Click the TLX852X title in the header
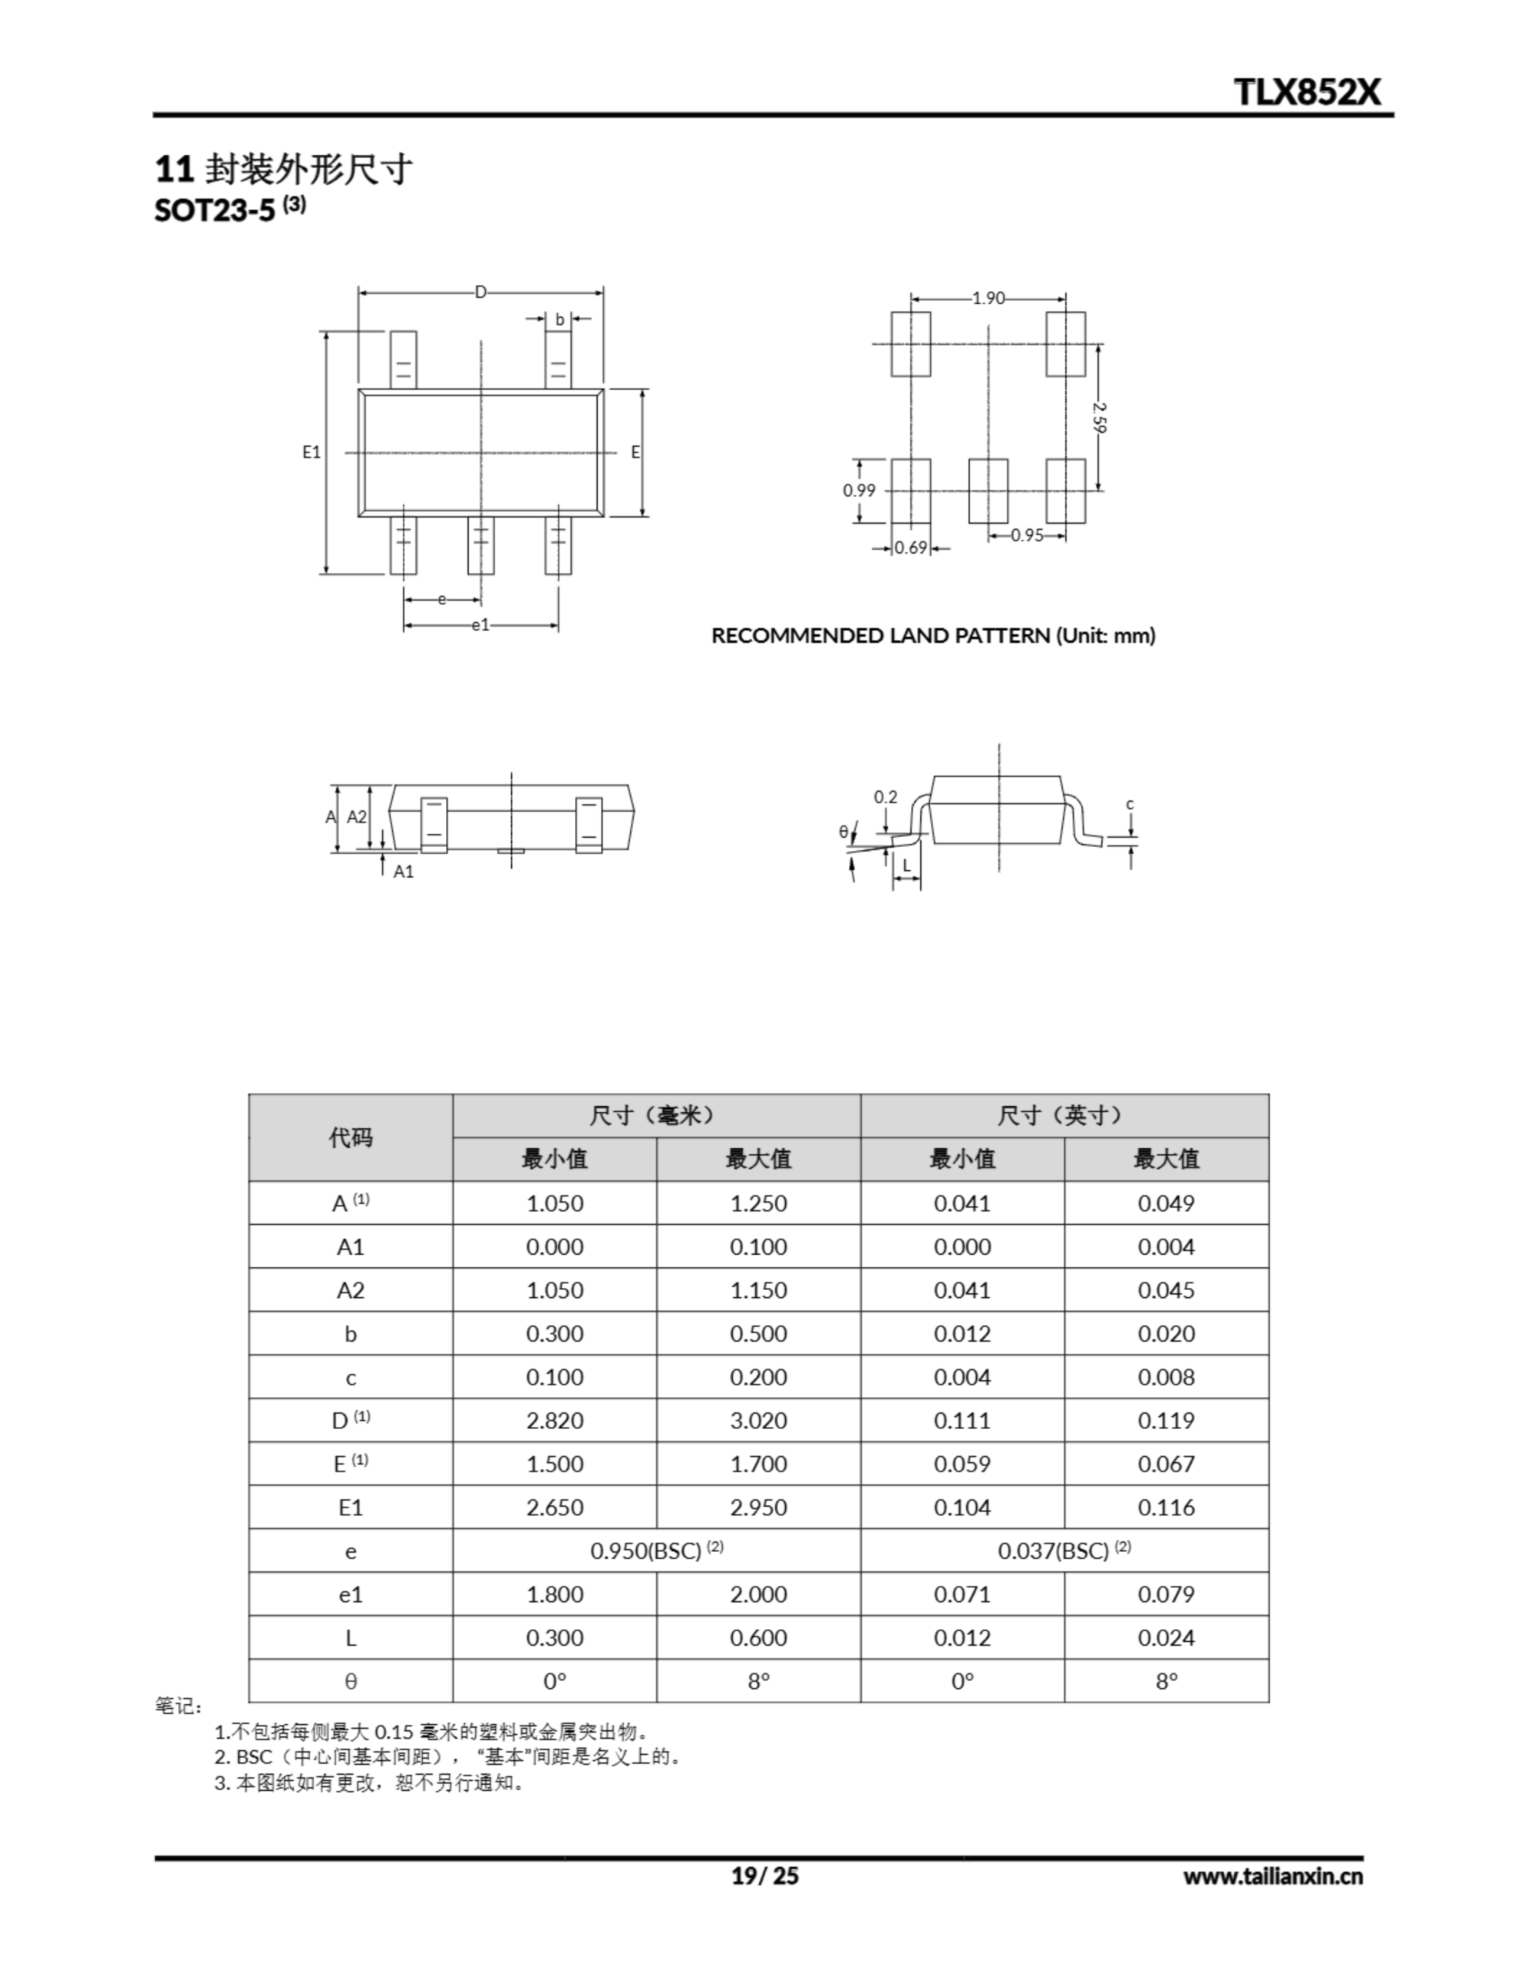(x=1306, y=92)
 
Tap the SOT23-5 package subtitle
(x=230, y=209)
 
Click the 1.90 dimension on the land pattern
(x=988, y=298)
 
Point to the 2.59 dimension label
(x=1099, y=417)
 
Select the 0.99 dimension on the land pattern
(x=859, y=491)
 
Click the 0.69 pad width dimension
(x=911, y=548)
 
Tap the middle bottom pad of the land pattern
(x=988, y=491)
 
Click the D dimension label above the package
(x=480, y=292)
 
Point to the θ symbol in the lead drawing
(x=843, y=832)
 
